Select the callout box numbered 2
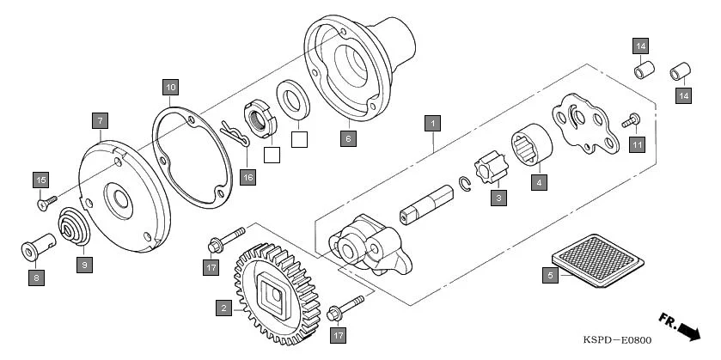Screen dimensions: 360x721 (223, 307)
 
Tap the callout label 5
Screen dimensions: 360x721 (549, 275)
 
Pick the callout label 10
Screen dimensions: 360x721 (170, 87)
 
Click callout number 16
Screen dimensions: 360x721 (247, 177)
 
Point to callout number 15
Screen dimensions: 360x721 (40, 180)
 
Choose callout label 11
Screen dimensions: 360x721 (637, 144)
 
